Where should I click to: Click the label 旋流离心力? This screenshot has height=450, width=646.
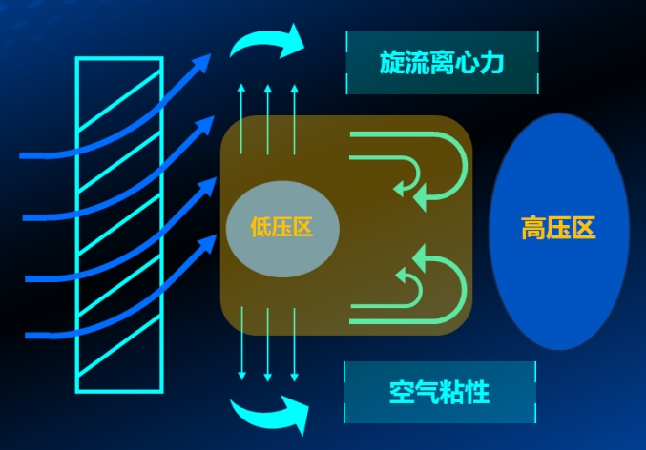[441, 63]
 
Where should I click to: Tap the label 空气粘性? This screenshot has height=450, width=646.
[440, 393]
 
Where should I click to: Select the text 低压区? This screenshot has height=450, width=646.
[282, 227]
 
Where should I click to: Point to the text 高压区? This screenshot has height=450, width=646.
[558, 228]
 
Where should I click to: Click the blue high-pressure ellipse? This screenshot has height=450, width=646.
[559, 232]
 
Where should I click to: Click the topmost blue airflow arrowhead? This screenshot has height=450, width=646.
[202, 63]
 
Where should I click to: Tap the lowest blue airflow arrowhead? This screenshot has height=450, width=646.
[208, 243]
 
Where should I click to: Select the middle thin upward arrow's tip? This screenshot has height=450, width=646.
[268, 85]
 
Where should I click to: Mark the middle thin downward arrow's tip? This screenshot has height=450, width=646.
[268, 380]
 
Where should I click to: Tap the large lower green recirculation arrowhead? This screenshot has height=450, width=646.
[419, 258]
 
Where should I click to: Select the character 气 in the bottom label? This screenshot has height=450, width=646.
[427, 393]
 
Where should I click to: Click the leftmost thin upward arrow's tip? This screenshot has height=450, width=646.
[241, 85]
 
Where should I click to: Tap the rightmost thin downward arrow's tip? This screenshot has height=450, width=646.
[294, 380]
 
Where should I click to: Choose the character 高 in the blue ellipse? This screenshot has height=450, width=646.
[533, 228]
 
